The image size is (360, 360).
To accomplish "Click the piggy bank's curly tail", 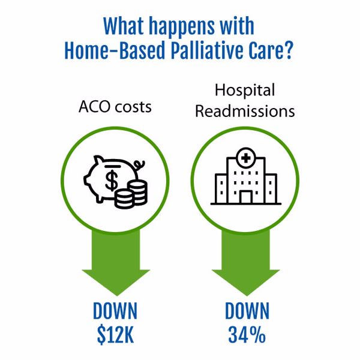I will pos(140,163).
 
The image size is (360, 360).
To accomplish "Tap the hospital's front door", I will pos(245,197).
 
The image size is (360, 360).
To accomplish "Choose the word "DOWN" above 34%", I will pos(247,311).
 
